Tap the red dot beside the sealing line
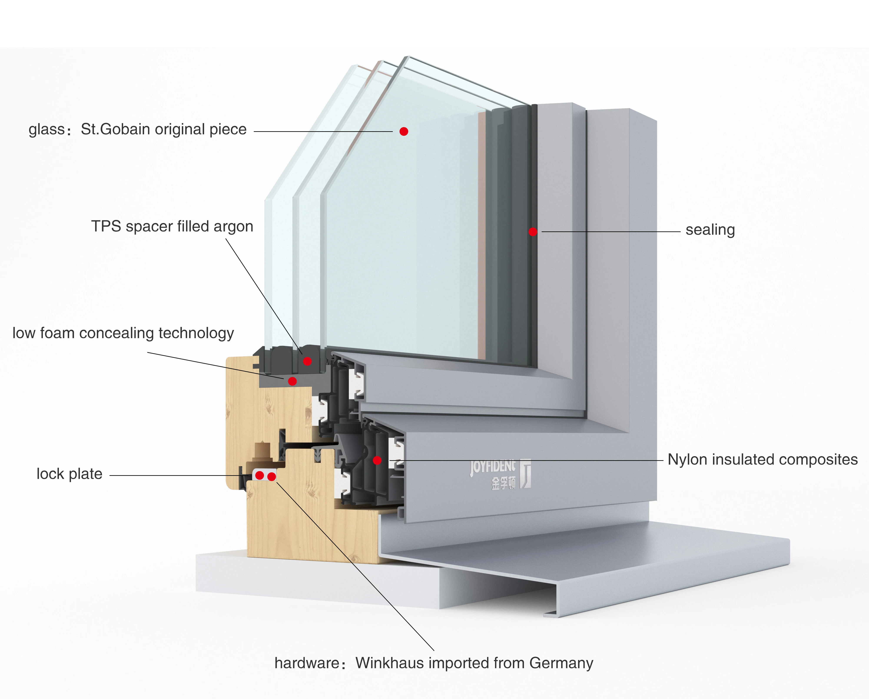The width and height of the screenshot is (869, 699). click(x=533, y=232)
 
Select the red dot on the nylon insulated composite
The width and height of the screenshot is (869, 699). click(x=377, y=460)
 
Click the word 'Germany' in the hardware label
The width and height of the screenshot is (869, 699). click(x=561, y=663)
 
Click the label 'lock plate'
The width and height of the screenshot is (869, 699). click(x=69, y=474)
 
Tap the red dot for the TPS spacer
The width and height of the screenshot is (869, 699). click(x=308, y=361)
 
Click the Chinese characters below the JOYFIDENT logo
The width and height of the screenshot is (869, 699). click(x=503, y=483)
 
